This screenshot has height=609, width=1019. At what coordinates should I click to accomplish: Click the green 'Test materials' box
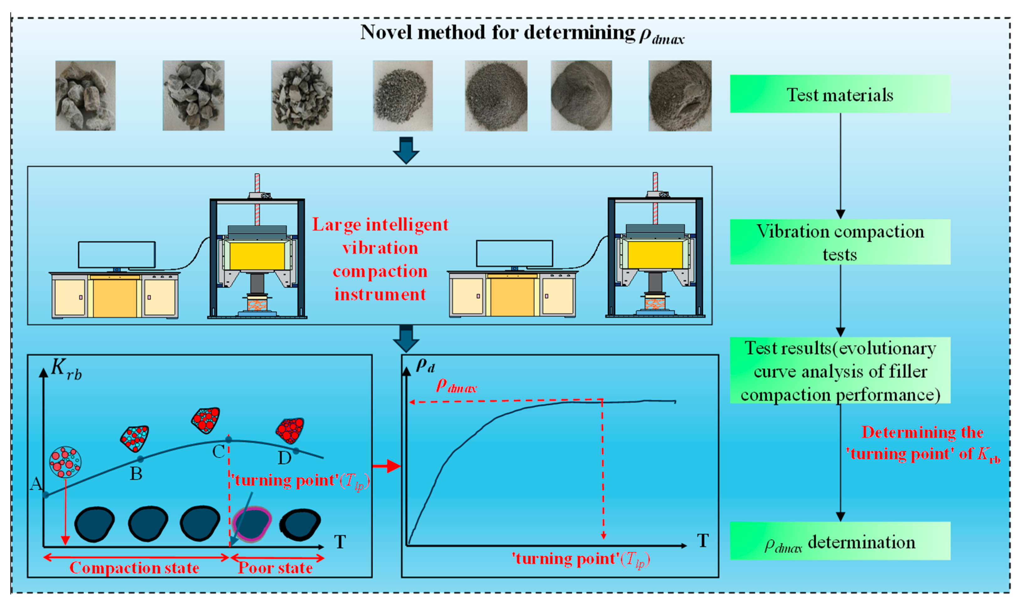[x=839, y=94]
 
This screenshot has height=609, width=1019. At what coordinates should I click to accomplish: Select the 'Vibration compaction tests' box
[x=839, y=242]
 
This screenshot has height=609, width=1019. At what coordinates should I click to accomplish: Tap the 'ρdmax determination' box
[x=839, y=541]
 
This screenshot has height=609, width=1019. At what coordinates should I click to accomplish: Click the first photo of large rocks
[x=85, y=96]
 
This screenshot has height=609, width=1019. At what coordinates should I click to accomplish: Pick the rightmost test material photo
[x=680, y=96]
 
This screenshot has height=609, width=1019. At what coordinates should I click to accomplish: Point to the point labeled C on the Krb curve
[x=228, y=440]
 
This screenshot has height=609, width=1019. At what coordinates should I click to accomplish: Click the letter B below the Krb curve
[x=136, y=474]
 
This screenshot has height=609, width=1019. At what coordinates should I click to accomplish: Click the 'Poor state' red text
[x=275, y=568]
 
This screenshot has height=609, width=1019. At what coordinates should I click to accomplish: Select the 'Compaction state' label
[x=134, y=568]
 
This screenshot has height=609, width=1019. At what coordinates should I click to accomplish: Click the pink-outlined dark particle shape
[x=252, y=524]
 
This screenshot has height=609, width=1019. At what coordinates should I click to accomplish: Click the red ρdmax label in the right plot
[x=456, y=386]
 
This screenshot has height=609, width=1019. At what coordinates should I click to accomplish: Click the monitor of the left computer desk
[x=117, y=254]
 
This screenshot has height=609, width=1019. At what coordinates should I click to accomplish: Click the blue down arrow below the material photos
[x=406, y=150]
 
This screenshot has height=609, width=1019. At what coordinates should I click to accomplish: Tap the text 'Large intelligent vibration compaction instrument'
[x=380, y=259]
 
